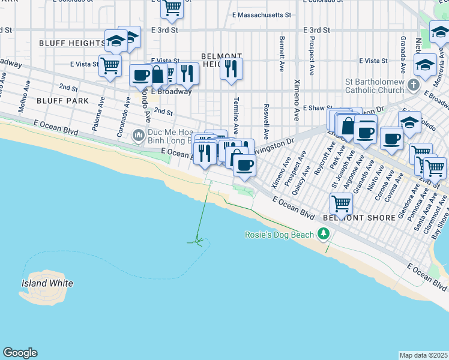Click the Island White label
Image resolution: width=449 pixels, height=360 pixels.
click(x=47, y=283)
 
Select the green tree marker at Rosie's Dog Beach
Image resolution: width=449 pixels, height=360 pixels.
click(x=324, y=233)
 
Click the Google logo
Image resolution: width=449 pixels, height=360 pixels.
click(x=20, y=353)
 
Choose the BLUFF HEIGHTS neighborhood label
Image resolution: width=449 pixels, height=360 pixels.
click(x=72, y=43)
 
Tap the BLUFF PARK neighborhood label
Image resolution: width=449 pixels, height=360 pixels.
click(x=62, y=101)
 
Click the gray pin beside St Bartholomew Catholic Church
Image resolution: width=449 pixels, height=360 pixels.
click(x=413, y=85)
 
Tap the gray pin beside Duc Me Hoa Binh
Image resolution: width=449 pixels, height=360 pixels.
click(x=139, y=136)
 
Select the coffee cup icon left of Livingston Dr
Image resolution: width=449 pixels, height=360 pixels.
click(x=244, y=163)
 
